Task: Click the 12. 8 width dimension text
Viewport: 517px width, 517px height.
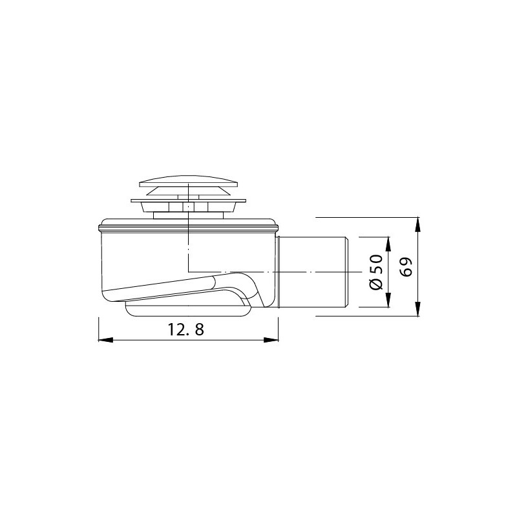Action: (186, 330)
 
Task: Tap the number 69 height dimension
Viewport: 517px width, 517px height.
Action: (406, 266)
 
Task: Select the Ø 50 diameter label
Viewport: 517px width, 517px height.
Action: (376, 272)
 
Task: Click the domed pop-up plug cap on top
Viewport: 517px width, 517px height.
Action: (188, 182)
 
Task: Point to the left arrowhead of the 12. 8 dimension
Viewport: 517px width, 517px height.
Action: (105, 340)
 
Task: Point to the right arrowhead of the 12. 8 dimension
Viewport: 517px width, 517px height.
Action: (271, 340)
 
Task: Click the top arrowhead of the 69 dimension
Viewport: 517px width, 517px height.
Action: (417, 224)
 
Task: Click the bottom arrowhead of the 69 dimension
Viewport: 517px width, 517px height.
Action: (417, 309)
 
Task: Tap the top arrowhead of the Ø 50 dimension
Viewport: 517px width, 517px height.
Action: (388, 244)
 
